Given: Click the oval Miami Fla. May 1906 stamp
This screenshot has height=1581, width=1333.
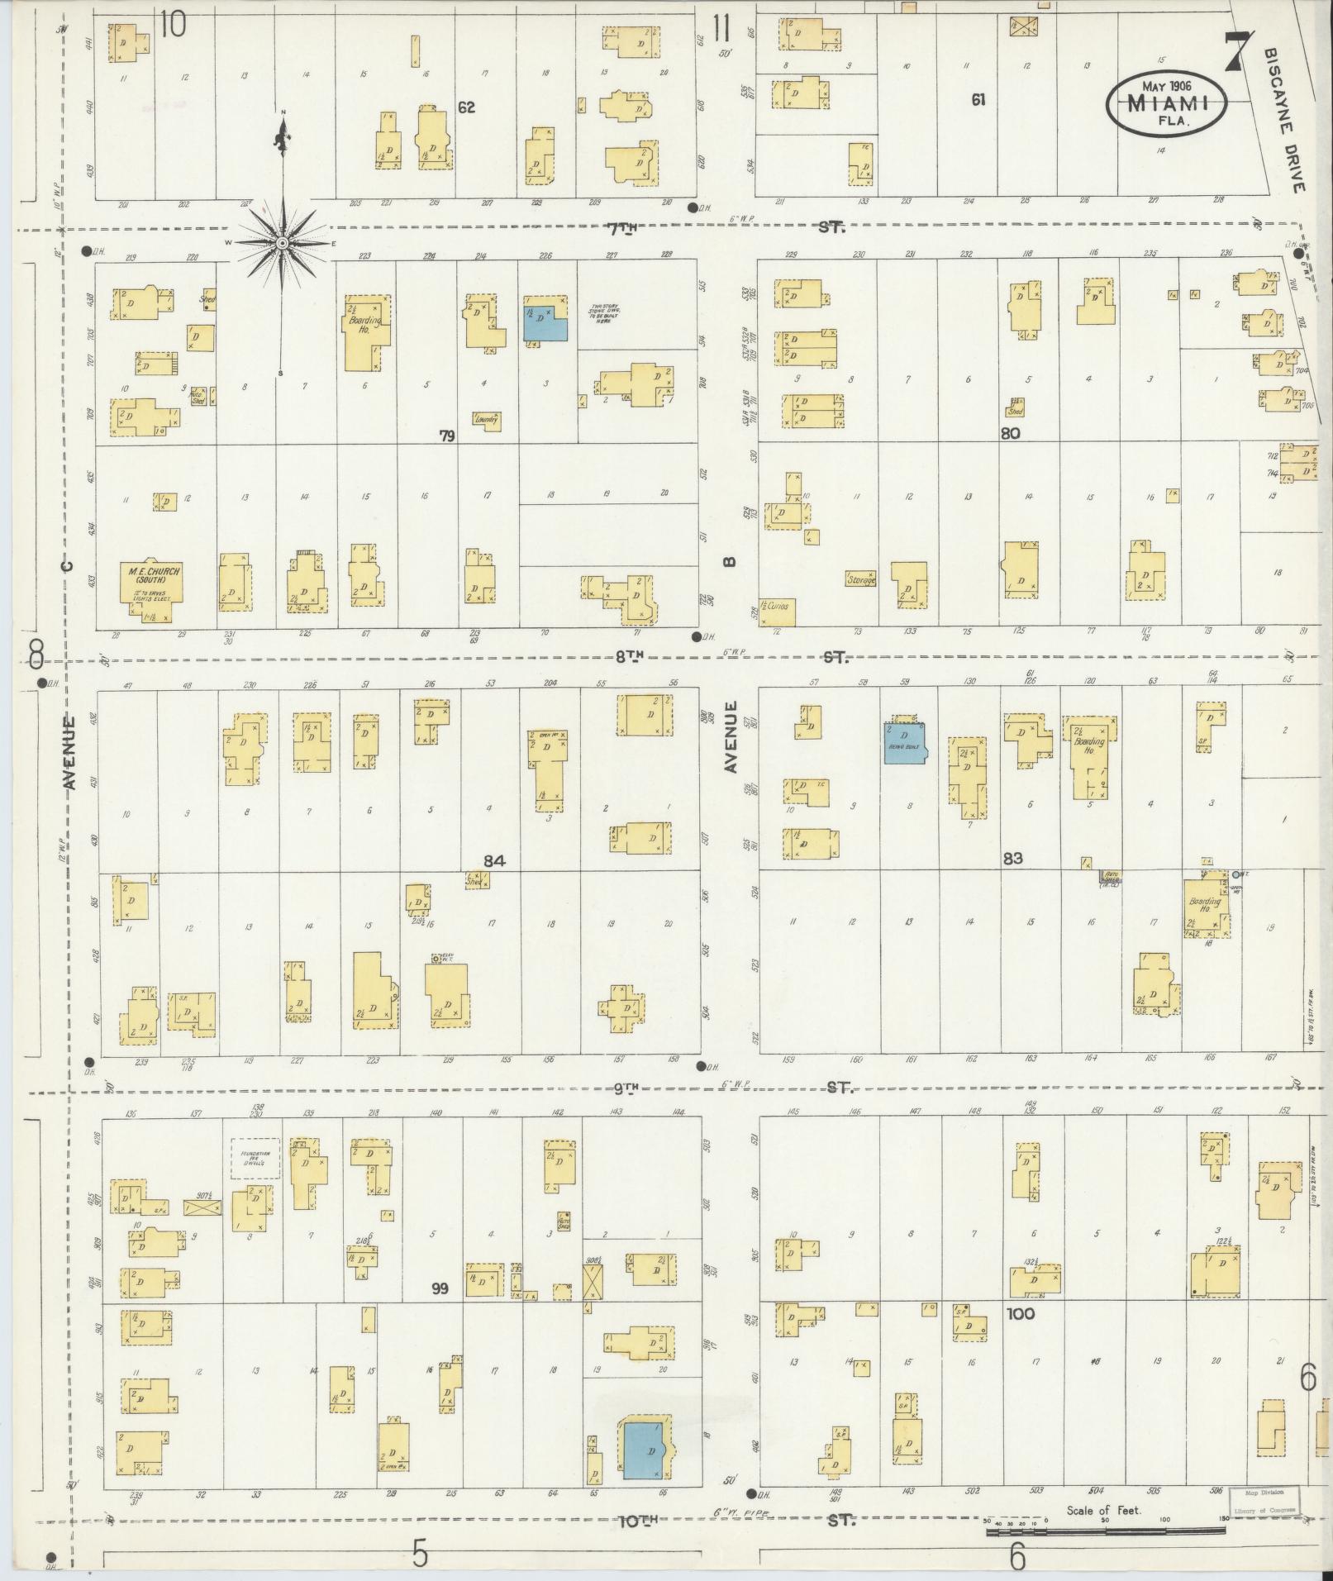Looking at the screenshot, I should tap(1167, 102).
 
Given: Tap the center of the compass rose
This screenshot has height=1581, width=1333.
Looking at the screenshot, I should tap(282, 243).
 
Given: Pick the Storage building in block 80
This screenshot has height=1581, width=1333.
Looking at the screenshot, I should tap(860, 579).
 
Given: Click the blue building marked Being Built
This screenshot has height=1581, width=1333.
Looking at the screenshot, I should tap(904, 742).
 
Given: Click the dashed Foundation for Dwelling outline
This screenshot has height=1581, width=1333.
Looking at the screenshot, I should tap(255, 1158).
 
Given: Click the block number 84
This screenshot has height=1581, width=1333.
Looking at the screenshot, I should tap(494, 861).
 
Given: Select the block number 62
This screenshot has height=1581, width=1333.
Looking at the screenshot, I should tap(467, 107).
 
